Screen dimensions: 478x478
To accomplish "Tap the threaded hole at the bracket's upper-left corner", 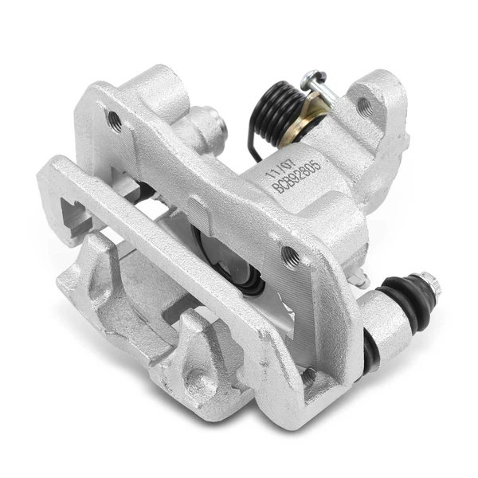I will pyautogui.click(x=115, y=120).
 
